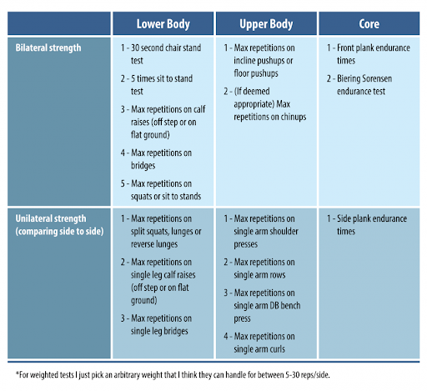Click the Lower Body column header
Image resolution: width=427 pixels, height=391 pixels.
coord(163,24)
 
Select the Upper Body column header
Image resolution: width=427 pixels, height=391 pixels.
coord(266,24)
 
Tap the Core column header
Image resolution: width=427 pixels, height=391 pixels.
coord(369,24)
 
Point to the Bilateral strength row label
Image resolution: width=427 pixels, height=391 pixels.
coord(48,48)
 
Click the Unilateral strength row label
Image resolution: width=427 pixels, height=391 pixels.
coord(59,225)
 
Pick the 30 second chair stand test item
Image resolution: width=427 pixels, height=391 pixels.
coord(161,54)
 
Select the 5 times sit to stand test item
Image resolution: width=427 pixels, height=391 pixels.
coord(157,85)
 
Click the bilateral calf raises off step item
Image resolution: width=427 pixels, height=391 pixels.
coord(163,122)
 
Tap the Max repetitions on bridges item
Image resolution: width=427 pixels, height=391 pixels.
coord(156,159)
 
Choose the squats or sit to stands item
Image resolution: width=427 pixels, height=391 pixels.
coord(161,190)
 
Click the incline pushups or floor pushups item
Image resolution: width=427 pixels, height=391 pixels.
coord(259,60)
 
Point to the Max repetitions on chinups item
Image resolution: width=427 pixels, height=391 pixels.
coord(265,104)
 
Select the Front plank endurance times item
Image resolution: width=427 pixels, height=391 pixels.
coord(369,54)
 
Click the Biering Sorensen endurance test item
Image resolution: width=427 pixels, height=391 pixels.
coord(359,85)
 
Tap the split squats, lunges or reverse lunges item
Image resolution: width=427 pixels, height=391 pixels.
coord(161,231)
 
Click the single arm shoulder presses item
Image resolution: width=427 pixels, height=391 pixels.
coord(261,231)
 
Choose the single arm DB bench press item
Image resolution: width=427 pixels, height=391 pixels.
coord(262,305)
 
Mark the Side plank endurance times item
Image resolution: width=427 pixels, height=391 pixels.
coord(367,225)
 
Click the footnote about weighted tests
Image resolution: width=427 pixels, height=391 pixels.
coord(173,375)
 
